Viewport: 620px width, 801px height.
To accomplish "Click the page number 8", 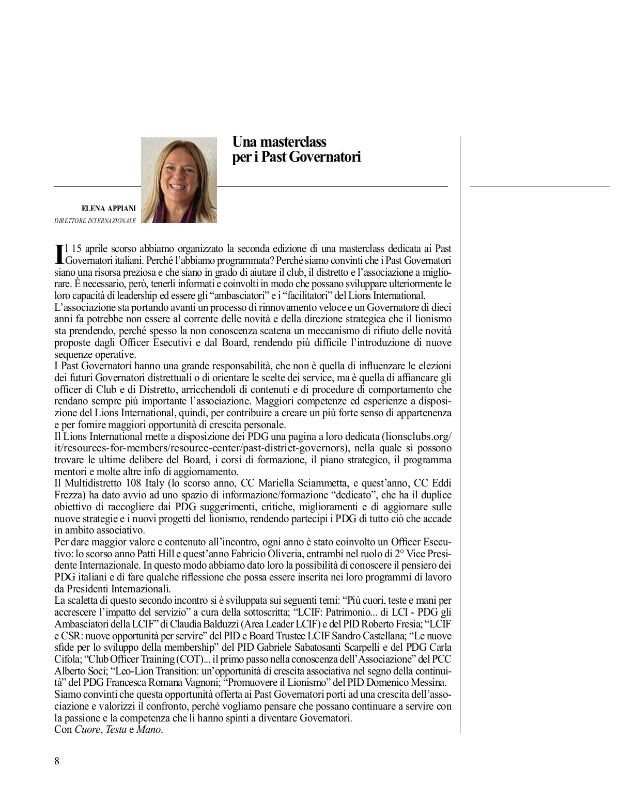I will (57, 761).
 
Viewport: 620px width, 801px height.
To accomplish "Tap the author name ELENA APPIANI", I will (109, 209).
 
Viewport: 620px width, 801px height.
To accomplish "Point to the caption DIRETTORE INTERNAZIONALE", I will (95, 221).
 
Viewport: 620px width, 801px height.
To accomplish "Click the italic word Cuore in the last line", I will (87, 730).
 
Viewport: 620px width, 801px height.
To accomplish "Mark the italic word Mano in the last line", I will (149, 730).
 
